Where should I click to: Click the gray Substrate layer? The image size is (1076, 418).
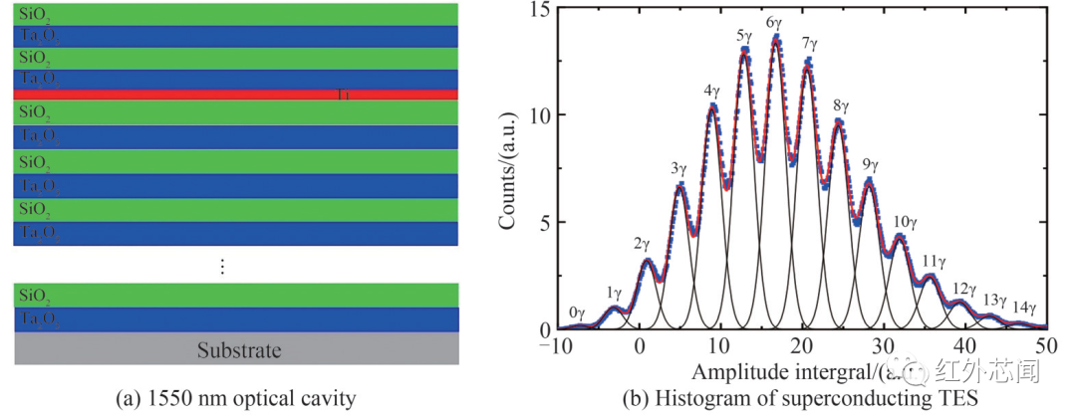coord(236,350)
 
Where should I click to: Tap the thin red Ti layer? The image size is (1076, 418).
coord(236,95)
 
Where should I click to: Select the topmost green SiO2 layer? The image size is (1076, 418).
coord(236,14)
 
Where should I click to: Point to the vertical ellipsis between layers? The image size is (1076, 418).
coord(222,266)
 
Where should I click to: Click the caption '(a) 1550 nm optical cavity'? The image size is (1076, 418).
coord(236,399)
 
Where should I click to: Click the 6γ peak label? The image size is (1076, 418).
coord(773,22)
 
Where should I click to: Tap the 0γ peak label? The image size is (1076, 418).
coord(577,313)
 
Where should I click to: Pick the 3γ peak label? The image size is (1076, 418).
coord(679,169)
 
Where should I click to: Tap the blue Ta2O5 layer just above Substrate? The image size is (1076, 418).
coord(236,318)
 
